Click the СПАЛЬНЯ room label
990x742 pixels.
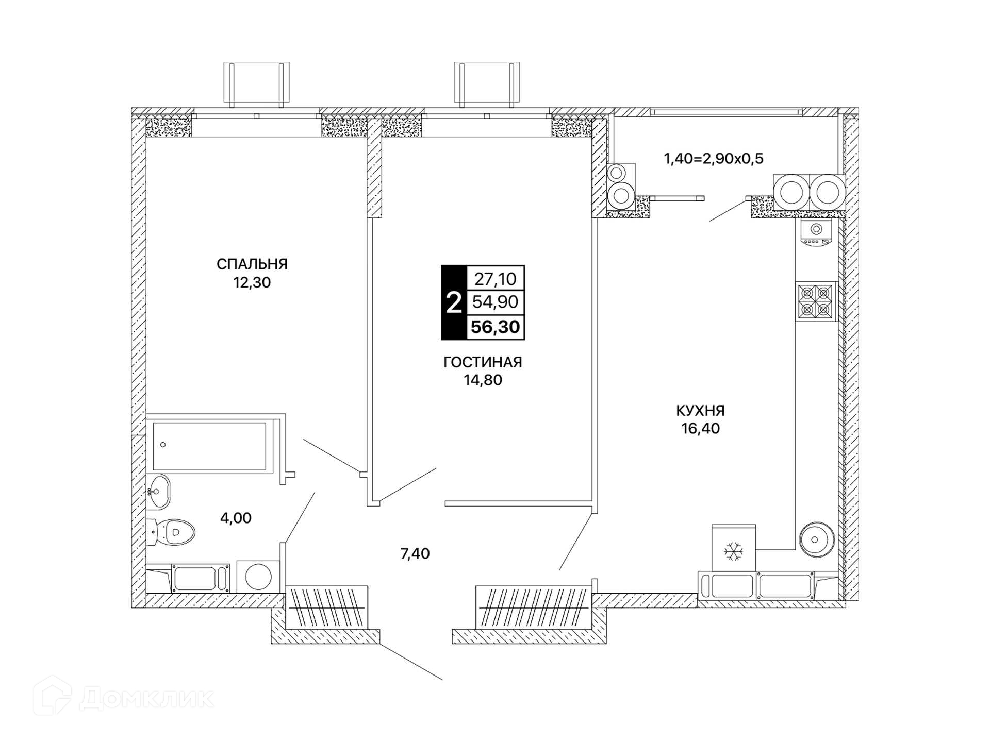pyautogui.click(x=252, y=264)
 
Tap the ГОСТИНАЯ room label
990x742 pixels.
pyautogui.click(x=483, y=362)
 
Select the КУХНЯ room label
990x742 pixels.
pyautogui.click(x=700, y=411)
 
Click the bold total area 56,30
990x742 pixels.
pyautogui.click(x=495, y=327)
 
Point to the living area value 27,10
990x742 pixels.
pyautogui.click(x=495, y=279)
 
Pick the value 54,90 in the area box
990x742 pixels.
pyautogui.click(x=495, y=301)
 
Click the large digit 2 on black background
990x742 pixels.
pyautogui.click(x=453, y=303)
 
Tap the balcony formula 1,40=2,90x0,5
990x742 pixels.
pyautogui.click(x=713, y=158)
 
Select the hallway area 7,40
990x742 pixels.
pyautogui.click(x=415, y=553)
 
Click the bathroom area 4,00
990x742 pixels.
pyautogui.click(x=236, y=518)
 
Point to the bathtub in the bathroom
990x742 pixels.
pyautogui.click(x=209, y=446)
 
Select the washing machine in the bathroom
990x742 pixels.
pyautogui.click(x=258, y=577)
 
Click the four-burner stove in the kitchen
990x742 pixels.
pyautogui.click(x=816, y=301)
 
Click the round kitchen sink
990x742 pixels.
pyautogui.click(x=816, y=539)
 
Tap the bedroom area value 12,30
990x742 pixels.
pyautogui.click(x=252, y=282)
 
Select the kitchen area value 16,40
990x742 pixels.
pyautogui.click(x=700, y=428)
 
